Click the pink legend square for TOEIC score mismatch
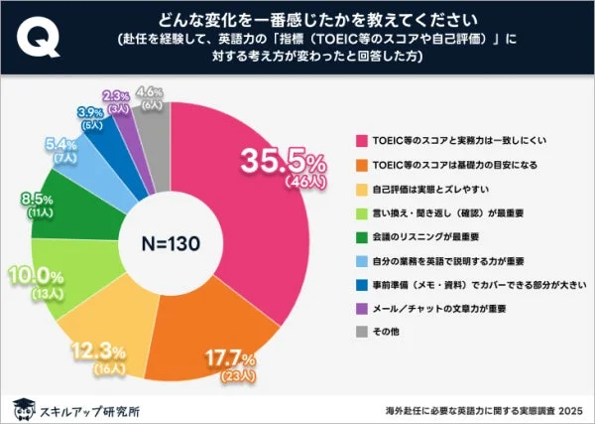[358, 140]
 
